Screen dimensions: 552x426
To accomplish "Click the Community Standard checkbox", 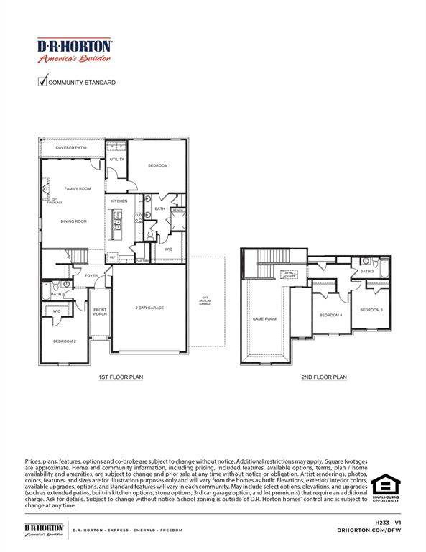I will (x=42, y=82).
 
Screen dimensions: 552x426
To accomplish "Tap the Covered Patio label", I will (x=71, y=147).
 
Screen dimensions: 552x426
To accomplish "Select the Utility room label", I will (x=117, y=159).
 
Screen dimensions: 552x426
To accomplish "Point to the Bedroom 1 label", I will (x=159, y=166).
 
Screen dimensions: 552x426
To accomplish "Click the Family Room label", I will (x=78, y=188).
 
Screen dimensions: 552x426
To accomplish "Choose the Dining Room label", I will (x=73, y=221).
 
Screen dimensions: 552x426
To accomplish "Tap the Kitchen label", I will (x=119, y=201).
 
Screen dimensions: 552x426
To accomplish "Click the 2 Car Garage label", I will (x=150, y=308).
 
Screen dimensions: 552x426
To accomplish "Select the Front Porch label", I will (x=100, y=312).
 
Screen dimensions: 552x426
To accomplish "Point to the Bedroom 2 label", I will (x=64, y=341).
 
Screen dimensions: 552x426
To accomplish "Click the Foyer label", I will (x=91, y=275).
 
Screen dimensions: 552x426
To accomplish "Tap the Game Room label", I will (x=264, y=318).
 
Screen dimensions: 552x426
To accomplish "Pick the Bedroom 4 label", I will (x=330, y=315).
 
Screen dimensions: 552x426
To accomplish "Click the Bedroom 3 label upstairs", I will (x=371, y=309).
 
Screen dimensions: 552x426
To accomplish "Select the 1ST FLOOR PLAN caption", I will (x=121, y=377).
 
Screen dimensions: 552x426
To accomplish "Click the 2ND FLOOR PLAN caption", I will (x=324, y=377).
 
